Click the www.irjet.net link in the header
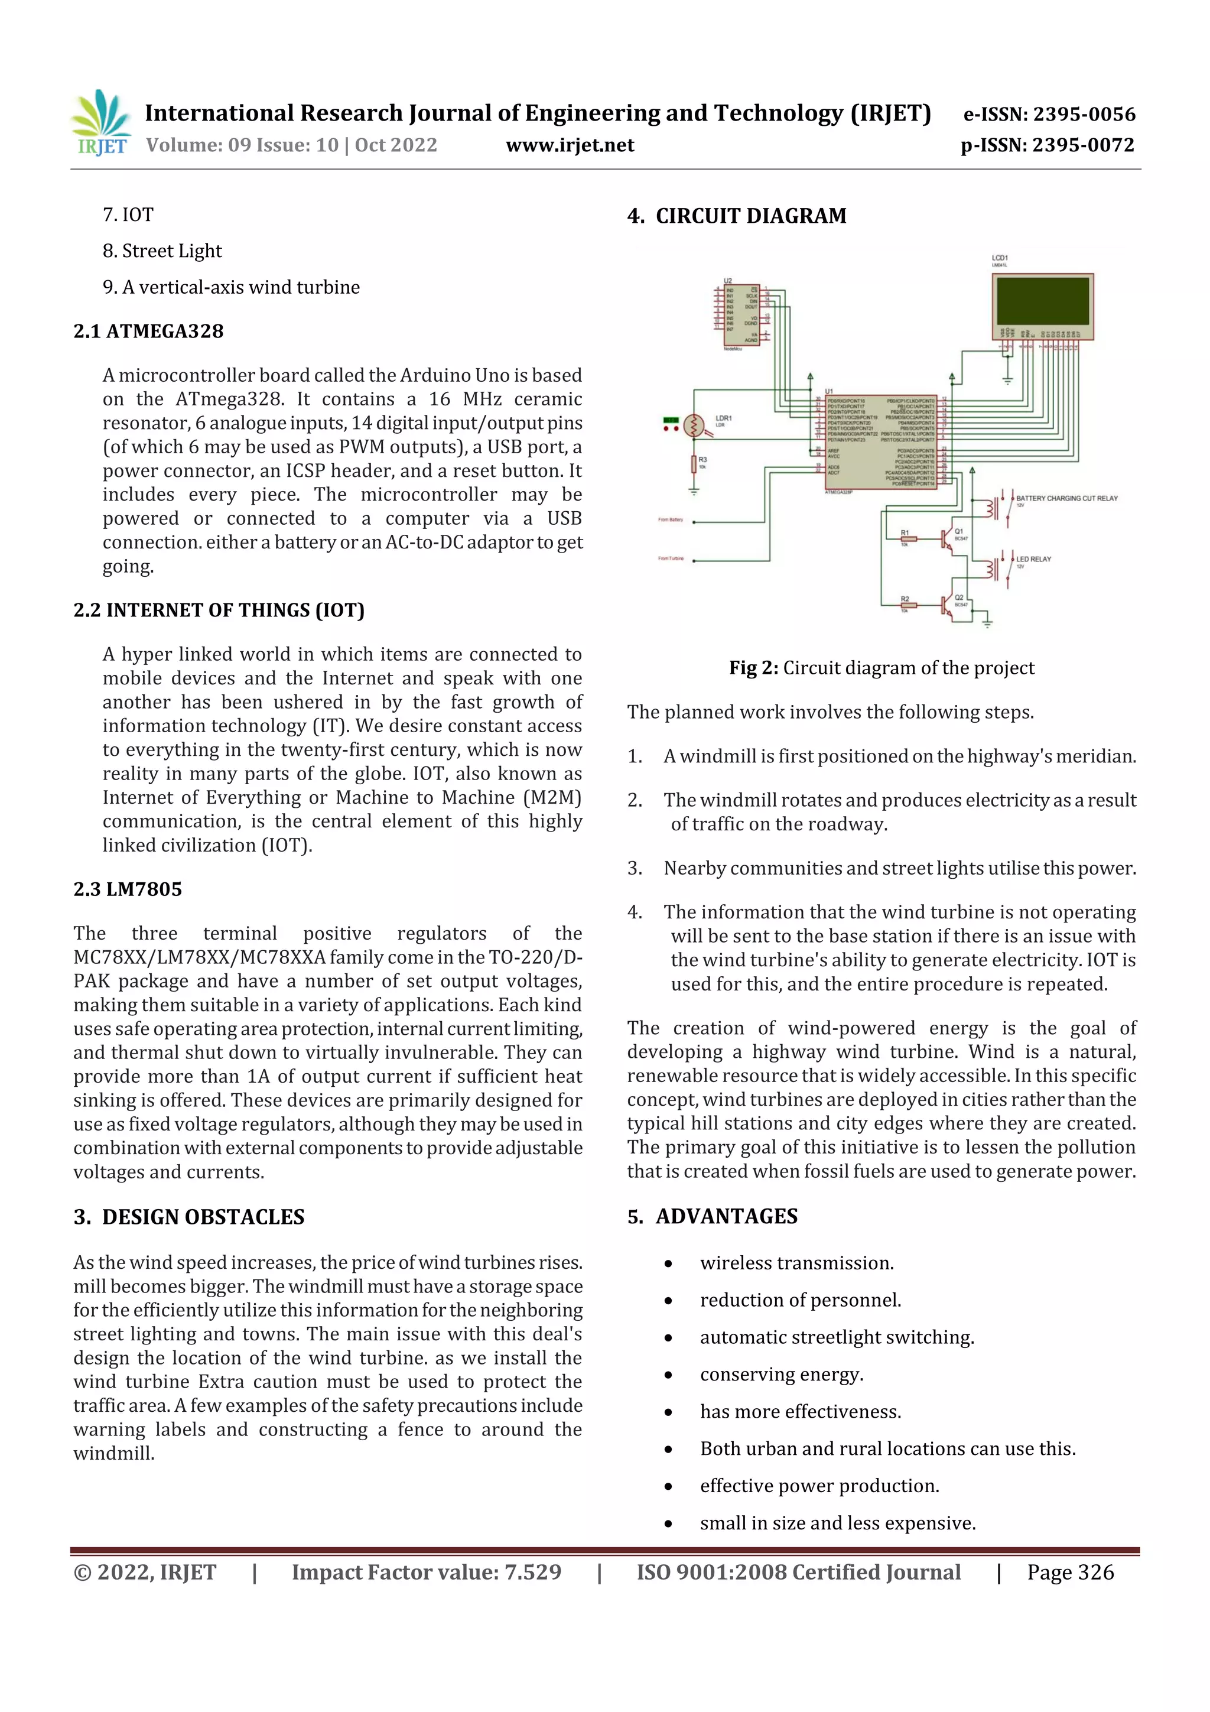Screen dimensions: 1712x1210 570,145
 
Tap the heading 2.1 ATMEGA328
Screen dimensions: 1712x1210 148,331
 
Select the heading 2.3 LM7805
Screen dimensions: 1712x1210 128,889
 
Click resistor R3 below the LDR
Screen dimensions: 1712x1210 694,464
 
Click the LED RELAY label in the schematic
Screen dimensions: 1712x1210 1033,558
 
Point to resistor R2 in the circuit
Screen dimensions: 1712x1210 908,605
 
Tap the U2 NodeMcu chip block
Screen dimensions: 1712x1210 741,314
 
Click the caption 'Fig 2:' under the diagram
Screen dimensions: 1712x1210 753,668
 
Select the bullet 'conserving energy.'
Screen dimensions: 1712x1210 781,1374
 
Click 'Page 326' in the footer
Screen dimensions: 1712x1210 1070,1572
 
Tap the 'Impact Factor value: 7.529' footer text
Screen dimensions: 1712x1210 427,1572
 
